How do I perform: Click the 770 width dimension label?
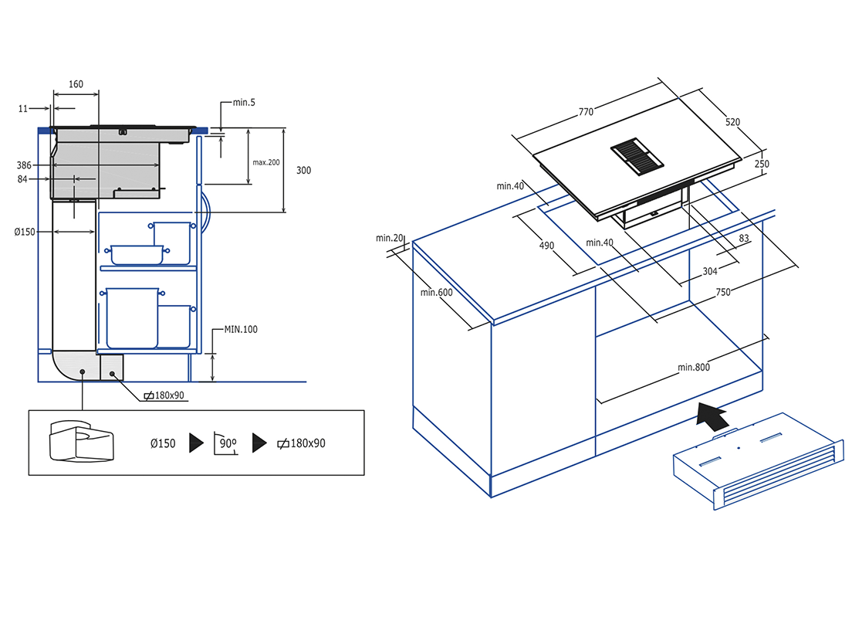click(586, 112)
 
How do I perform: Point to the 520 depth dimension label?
click(732, 122)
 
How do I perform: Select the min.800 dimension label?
click(693, 367)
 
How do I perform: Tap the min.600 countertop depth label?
click(436, 292)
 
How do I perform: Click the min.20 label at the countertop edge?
click(390, 238)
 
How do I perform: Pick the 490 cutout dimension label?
click(546, 246)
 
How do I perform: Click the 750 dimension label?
click(722, 292)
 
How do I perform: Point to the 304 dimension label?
click(710, 271)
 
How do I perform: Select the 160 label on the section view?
click(76, 83)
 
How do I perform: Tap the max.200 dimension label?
click(266, 162)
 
